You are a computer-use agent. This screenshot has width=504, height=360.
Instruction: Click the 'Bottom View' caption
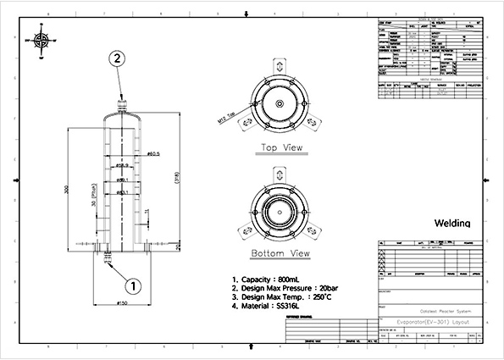pos(278,253)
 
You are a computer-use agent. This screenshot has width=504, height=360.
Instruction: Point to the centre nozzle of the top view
pos(278,103)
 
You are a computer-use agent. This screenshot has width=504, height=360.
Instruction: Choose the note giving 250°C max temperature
pos(281,297)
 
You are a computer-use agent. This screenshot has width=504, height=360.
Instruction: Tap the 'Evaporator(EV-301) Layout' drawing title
pos(431,323)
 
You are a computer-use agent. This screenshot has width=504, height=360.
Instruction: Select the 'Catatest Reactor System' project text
pos(432,311)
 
